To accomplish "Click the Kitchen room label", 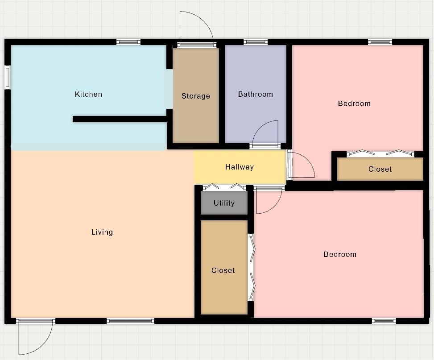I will pyautogui.click(x=88, y=94).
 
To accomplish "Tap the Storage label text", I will pyautogui.click(x=195, y=96).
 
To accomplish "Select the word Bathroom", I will pyautogui.click(x=255, y=94).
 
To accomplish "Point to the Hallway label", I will pyautogui.click(x=239, y=167).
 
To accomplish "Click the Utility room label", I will pyautogui.click(x=224, y=203).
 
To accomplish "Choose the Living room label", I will pyautogui.click(x=102, y=232).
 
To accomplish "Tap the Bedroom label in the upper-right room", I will pyautogui.click(x=354, y=103).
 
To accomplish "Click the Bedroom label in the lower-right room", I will pyautogui.click(x=340, y=254).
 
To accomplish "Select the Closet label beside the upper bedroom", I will pyautogui.click(x=380, y=169).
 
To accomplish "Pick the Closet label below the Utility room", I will pyautogui.click(x=223, y=270).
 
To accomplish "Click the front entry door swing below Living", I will pyautogui.click(x=36, y=337).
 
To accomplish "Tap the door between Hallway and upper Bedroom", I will pyautogui.click(x=301, y=165).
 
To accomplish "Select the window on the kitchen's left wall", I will pyautogui.click(x=8, y=77).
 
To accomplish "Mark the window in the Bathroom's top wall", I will pyautogui.click(x=256, y=42).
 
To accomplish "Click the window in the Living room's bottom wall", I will pyautogui.click(x=130, y=321).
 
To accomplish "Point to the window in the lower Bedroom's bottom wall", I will pyautogui.click(x=384, y=321).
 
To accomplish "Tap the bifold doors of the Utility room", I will pyautogui.click(x=224, y=187).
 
